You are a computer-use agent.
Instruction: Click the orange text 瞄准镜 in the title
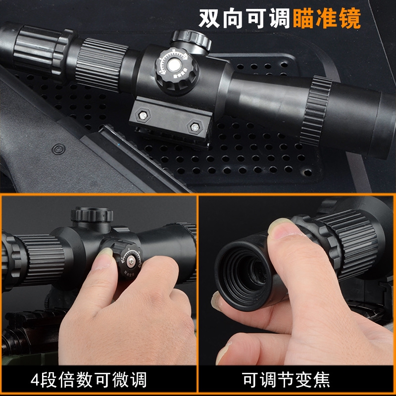[x=327, y=18]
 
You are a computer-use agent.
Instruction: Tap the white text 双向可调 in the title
[x=245, y=18]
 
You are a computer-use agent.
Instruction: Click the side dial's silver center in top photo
[x=174, y=65]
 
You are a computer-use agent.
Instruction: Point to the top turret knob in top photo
[x=192, y=41]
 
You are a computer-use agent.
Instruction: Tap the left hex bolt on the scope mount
[x=143, y=116]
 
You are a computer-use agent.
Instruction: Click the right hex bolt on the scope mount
[x=195, y=127]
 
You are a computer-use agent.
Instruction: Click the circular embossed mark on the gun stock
[x=58, y=149]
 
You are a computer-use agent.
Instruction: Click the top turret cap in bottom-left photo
[x=92, y=215]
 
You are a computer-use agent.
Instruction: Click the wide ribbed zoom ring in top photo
[x=101, y=64]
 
